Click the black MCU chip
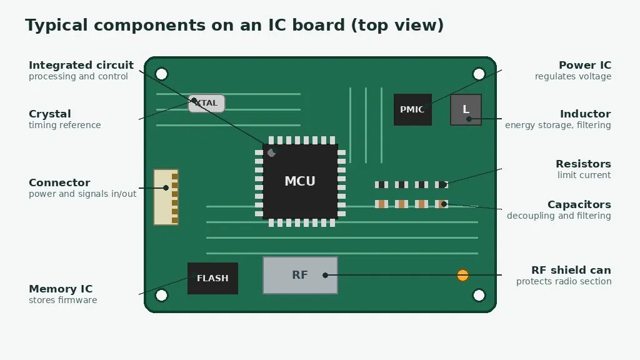(x=300, y=181)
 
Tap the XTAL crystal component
(x=206, y=103)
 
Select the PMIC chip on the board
(x=412, y=109)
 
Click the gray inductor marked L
(x=466, y=109)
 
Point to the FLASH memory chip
(x=212, y=278)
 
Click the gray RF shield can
(x=300, y=275)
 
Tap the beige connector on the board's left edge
(x=166, y=197)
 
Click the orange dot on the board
(x=462, y=275)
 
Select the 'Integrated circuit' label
(x=81, y=65)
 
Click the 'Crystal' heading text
(x=50, y=114)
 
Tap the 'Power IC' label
(x=585, y=65)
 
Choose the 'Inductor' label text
(x=585, y=114)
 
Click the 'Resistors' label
(x=583, y=164)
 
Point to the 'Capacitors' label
(x=579, y=204)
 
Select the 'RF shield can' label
(x=571, y=270)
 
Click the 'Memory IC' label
(x=61, y=289)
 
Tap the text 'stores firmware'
(x=63, y=300)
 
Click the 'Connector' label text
(x=59, y=182)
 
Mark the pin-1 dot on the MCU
(x=271, y=152)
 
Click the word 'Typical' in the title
(x=56, y=26)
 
